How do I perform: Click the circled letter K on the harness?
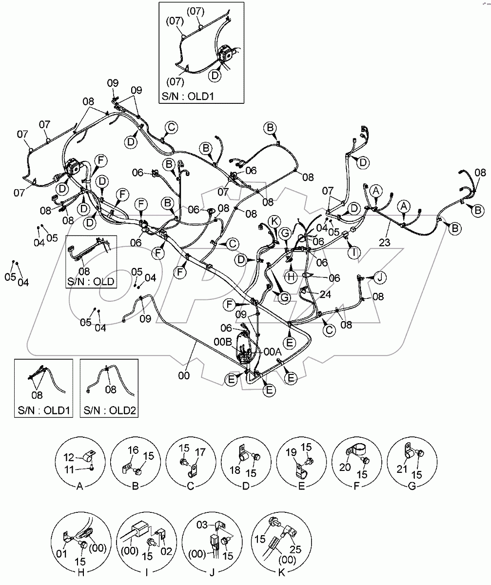pos(275,221)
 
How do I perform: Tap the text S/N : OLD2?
pos(109,411)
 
